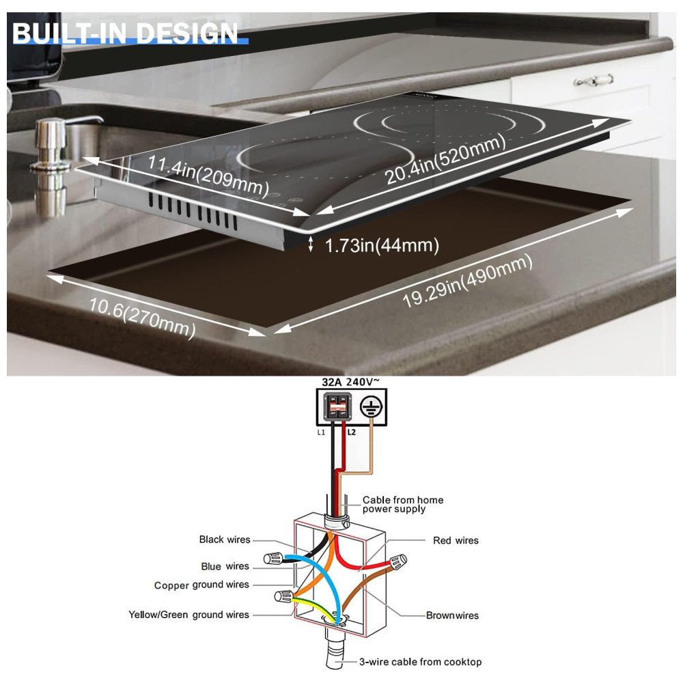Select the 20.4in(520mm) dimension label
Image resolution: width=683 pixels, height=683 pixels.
pyautogui.click(x=445, y=159)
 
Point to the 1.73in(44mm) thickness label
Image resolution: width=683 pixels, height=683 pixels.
pyautogui.click(x=380, y=245)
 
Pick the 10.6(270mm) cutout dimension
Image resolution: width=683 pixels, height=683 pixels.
pyautogui.click(x=142, y=318)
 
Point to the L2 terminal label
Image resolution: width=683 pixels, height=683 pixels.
pyautogui.click(x=352, y=433)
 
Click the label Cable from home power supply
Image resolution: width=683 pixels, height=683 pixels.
pyautogui.click(x=402, y=504)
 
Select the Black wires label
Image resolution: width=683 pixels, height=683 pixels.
pyautogui.click(x=225, y=540)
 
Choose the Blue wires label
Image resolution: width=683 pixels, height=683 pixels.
pyautogui.click(x=225, y=566)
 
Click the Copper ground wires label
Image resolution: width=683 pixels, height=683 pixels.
pyautogui.click(x=201, y=585)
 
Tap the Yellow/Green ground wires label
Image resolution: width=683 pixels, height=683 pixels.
pyautogui.click(x=189, y=615)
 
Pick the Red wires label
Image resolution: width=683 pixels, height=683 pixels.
pyautogui.click(x=456, y=540)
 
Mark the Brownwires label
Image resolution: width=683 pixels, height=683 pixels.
pyautogui.click(x=452, y=615)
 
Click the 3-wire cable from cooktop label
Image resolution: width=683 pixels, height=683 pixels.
pyautogui.click(x=420, y=662)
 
